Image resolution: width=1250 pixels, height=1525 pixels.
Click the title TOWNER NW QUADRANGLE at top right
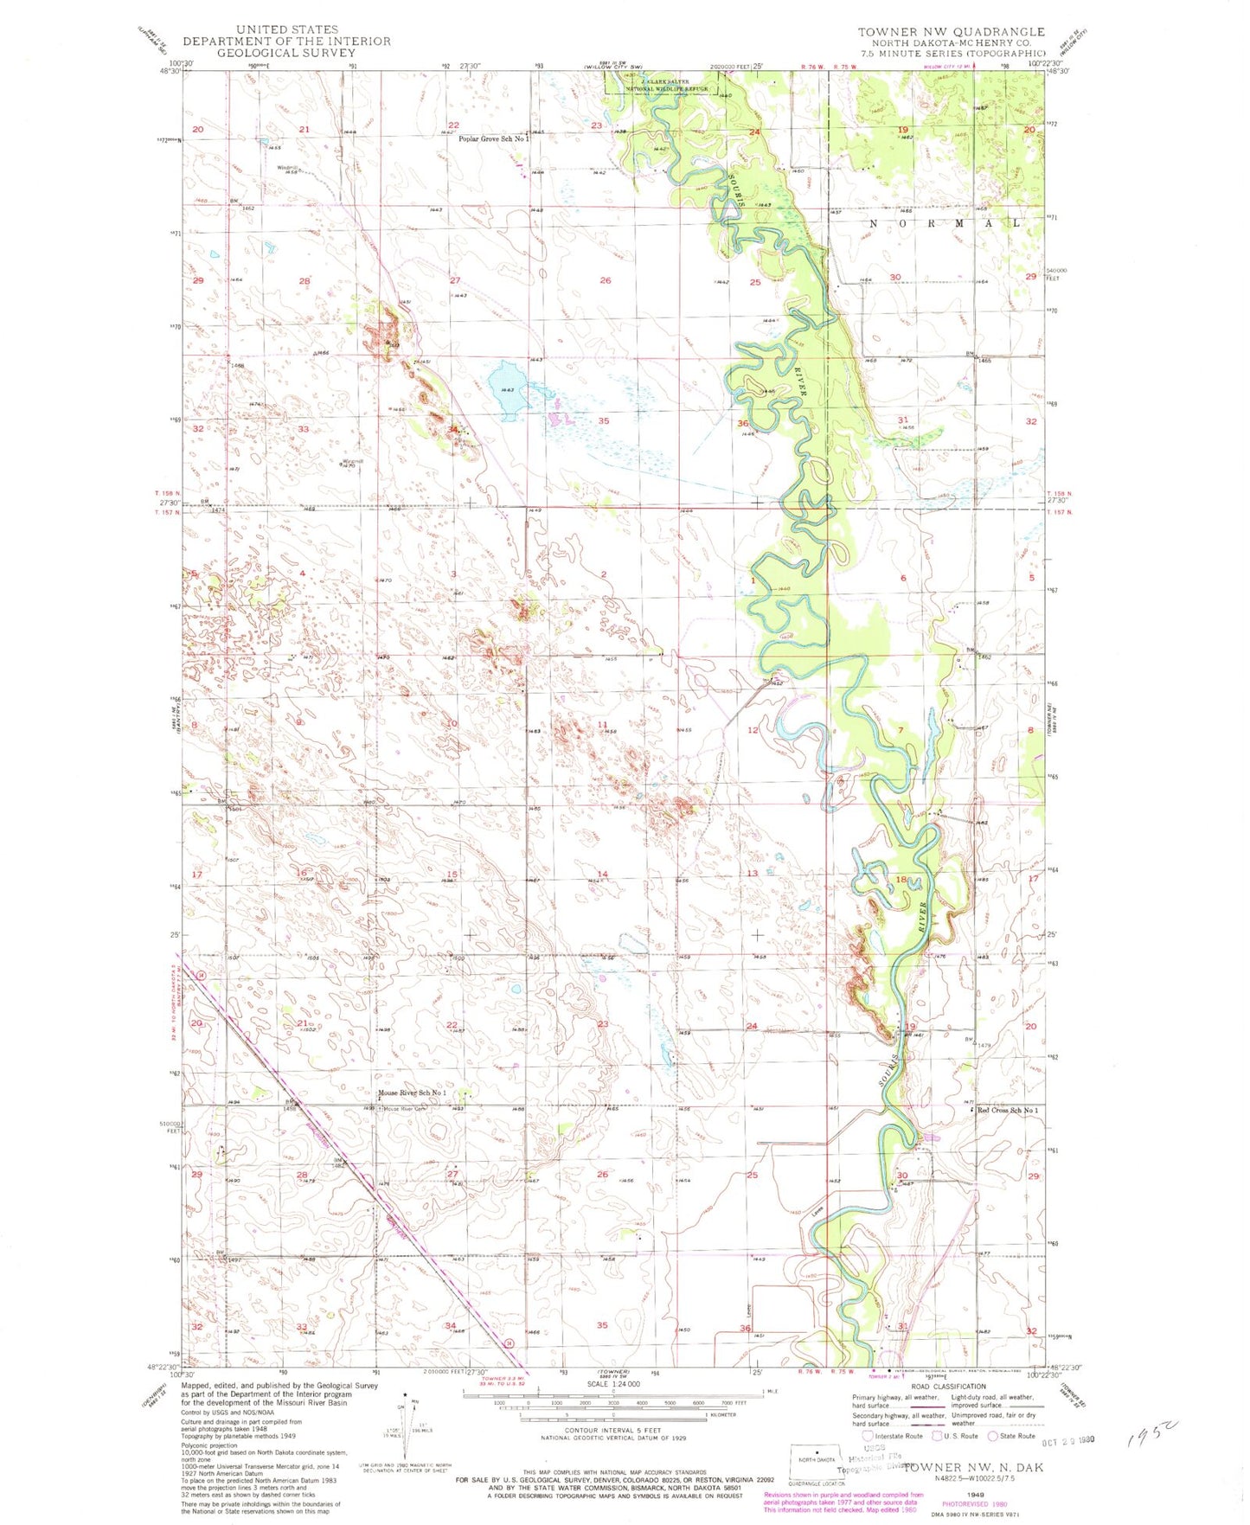pyautogui.click(x=951, y=32)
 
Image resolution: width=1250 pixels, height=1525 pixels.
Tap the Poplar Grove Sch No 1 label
pyautogui.click(x=492, y=139)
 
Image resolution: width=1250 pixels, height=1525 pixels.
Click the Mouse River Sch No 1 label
pyautogui.click(x=412, y=1093)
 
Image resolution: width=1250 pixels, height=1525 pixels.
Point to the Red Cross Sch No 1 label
pyautogui.click(x=1008, y=1110)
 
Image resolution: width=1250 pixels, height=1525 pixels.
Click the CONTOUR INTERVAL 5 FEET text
pyautogui.click(x=612, y=1431)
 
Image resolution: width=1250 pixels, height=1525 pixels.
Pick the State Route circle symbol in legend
pyautogui.click(x=992, y=1436)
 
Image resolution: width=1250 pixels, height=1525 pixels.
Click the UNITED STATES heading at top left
pyautogui.click(x=286, y=29)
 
